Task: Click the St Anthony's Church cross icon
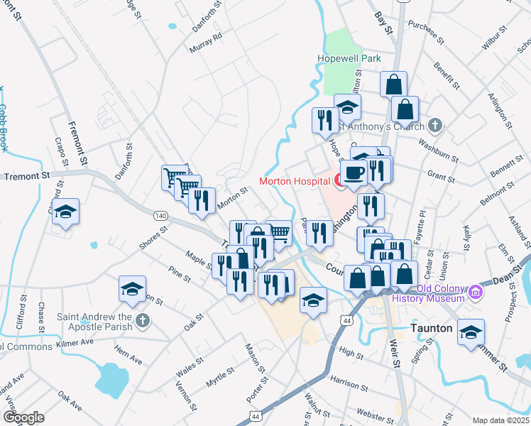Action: pos(435,126)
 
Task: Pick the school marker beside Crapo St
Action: pos(65,212)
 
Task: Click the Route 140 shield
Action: pos(161,214)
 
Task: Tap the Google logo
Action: pos(23,417)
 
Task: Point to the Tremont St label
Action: pos(28,175)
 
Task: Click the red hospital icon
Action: pos(340,181)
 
